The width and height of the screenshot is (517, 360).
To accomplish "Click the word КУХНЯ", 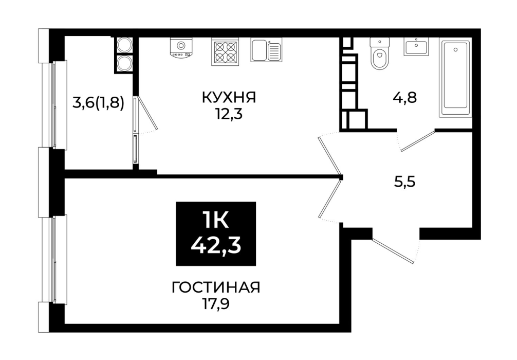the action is click(229, 98).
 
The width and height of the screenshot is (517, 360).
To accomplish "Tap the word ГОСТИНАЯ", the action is click(216, 287).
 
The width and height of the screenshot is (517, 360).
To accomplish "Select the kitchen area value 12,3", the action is click(229, 115).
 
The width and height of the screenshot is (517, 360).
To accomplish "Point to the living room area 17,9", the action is click(216, 304).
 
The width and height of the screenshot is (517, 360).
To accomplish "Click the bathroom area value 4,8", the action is click(404, 98).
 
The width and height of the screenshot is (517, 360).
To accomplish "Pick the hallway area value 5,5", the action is click(404, 182).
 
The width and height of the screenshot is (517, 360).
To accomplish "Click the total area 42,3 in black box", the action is click(216, 245).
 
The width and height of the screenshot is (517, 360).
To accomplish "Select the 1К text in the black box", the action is click(216, 221).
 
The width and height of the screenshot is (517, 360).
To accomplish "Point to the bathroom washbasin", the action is click(416, 46).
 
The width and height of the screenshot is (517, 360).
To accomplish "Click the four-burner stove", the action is click(225, 52).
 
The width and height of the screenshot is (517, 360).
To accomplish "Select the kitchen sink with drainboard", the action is click(266, 50).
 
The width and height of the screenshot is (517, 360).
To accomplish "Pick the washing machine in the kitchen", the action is click(181, 48).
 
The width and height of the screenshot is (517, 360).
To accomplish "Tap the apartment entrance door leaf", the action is click(393, 251).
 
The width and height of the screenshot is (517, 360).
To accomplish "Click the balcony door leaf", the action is click(146, 113).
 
